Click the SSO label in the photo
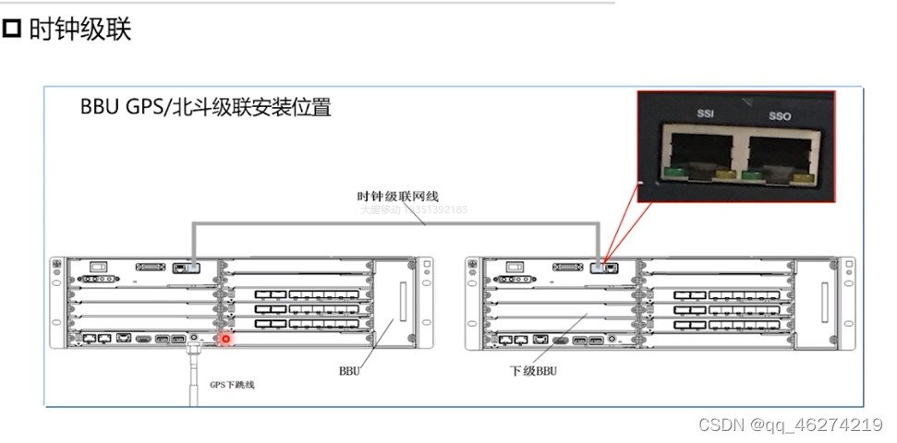780,117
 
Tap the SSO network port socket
778,153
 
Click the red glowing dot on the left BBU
224,340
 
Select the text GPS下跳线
232,384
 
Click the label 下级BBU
534,372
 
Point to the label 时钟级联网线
397,196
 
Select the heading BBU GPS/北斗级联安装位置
205,107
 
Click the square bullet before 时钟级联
12,30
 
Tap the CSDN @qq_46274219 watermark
790,425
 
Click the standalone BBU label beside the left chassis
349,372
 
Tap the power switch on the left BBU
98,267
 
